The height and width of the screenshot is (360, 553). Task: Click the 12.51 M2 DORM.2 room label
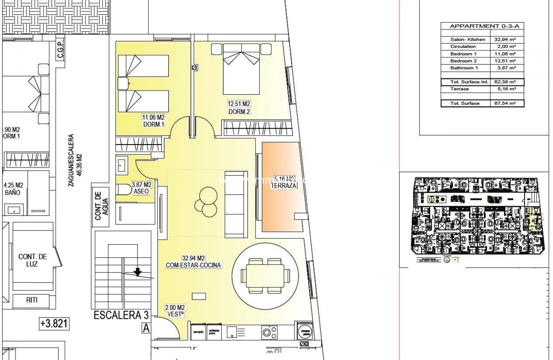(x=239, y=108)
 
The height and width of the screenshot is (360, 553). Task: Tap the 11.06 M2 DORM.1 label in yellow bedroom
(x=154, y=121)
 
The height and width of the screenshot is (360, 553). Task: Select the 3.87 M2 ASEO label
(x=141, y=187)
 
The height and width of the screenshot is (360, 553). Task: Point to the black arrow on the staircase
(x=137, y=273)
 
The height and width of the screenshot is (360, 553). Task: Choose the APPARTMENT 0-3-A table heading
(x=482, y=26)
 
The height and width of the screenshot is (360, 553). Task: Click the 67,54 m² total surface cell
(x=506, y=103)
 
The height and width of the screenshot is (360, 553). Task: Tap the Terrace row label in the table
(x=460, y=89)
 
